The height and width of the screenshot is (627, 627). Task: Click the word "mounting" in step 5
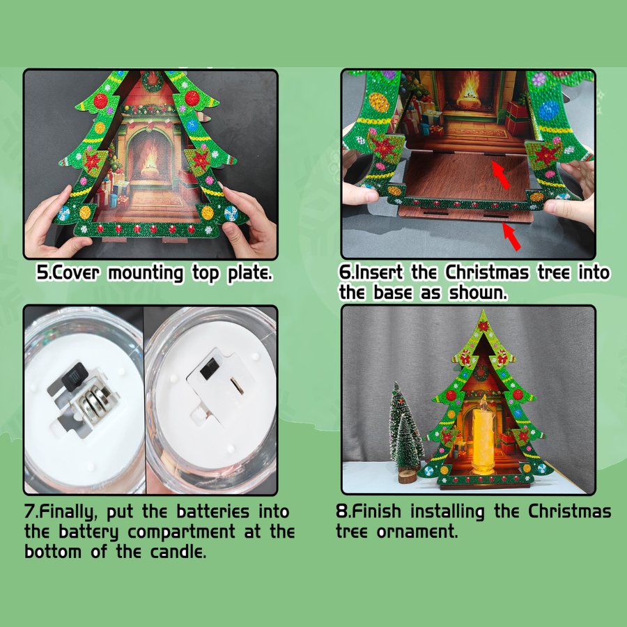pos(146,274)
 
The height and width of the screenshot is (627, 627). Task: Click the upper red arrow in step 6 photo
pos(501,174)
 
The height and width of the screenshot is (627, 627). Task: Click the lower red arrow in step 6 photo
pos(511,236)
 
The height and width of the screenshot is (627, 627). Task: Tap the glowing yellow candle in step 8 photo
pos(483,437)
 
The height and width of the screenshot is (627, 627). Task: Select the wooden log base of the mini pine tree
pos(408,477)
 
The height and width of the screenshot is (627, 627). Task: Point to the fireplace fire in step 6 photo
pos(469,88)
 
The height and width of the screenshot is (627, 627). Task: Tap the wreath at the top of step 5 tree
pos(152,80)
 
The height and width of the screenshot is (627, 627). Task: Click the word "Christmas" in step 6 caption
pos(487,272)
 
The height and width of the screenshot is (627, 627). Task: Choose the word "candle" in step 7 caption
pos(178,552)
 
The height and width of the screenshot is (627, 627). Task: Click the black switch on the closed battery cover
pos(210,369)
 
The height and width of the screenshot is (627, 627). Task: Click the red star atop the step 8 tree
pos(483,326)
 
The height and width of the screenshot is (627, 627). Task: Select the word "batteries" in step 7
pos(212,513)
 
